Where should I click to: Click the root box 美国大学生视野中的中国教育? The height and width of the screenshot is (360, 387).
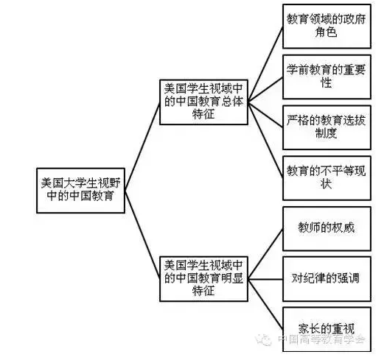[x=80, y=191]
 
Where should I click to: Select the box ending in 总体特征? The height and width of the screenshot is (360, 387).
[x=203, y=102]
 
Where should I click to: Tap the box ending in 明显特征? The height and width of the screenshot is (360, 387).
[x=203, y=279]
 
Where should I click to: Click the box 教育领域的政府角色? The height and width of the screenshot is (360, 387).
[x=327, y=27]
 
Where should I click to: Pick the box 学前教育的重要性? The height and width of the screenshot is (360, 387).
[x=327, y=77]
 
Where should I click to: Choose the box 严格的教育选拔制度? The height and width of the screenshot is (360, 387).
[x=327, y=127]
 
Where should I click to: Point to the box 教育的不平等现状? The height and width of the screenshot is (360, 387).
[x=327, y=178]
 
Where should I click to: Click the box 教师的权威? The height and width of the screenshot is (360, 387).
[x=327, y=228]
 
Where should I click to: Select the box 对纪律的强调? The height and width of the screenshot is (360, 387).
[x=327, y=279]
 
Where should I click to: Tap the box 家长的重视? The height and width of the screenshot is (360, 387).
[x=327, y=329]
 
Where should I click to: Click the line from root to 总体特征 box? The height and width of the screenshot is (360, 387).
[x=142, y=147]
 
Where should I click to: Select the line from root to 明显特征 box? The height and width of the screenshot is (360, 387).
[x=142, y=235]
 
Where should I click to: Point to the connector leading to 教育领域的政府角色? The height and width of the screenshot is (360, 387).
[x=265, y=64]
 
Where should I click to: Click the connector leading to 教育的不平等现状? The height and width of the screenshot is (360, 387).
[x=265, y=140]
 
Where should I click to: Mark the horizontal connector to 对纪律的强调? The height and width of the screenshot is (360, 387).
[x=265, y=279]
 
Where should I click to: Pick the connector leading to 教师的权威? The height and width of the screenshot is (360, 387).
[x=265, y=254]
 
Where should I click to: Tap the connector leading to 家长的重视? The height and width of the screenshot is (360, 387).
[x=265, y=304]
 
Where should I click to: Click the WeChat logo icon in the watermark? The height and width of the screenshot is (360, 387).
[x=263, y=340]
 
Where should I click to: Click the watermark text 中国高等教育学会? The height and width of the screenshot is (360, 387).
[x=321, y=339]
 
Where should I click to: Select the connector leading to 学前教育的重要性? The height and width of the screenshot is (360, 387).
[x=265, y=90]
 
